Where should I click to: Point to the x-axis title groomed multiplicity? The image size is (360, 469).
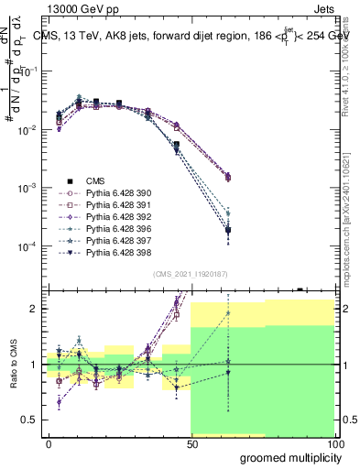click(x=287, y=456)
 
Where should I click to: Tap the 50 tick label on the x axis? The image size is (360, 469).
click(x=191, y=442)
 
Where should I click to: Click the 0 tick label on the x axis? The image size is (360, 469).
click(x=49, y=442)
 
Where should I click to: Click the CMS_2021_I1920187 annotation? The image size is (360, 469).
click(x=191, y=274)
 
